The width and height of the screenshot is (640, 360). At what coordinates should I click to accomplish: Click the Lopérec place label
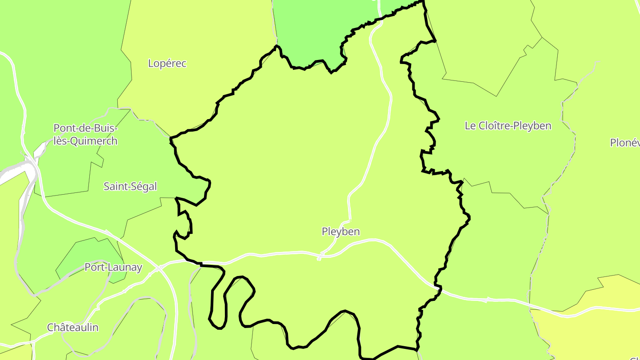[x=167, y=64]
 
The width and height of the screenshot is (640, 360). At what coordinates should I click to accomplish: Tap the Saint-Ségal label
[x=130, y=187]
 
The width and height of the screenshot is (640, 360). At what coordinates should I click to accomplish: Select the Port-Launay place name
[x=113, y=268]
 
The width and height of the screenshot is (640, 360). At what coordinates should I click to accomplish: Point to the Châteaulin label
[x=73, y=328]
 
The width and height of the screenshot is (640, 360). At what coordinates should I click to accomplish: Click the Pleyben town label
[x=340, y=232]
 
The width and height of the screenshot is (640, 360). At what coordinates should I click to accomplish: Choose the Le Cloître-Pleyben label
[x=508, y=126]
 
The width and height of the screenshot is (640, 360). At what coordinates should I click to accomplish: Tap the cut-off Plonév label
[x=625, y=143]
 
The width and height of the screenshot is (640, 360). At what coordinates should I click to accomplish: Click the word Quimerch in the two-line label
[x=90, y=141]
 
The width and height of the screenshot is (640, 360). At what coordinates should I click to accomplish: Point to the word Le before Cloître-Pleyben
[x=470, y=126]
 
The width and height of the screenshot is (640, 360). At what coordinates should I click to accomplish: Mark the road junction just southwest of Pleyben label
[x=320, y=256]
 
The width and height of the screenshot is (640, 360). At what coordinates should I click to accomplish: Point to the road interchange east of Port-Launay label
[x=159, y=268]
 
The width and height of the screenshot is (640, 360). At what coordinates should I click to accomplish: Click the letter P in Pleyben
[x=325, y=232]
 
